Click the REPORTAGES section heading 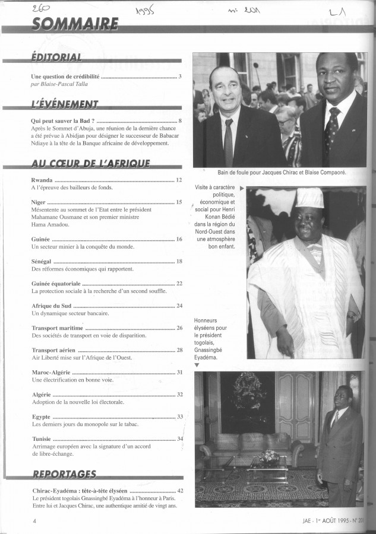click(65, 474)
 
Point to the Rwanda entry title click(42, 180)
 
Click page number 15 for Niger click(179, 202)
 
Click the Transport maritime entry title click(57, 328)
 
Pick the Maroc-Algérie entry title click(51, 373)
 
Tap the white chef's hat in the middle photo click(309, 199)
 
